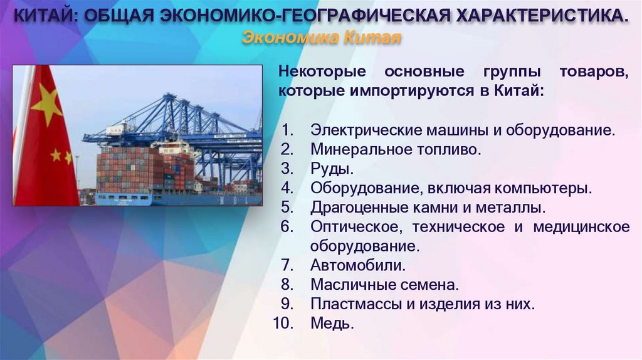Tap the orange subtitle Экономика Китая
pos(320,38)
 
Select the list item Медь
pos(332,324)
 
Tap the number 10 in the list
pos(283,324)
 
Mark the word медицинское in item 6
pos(581,226)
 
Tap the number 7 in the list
pos(287,265)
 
